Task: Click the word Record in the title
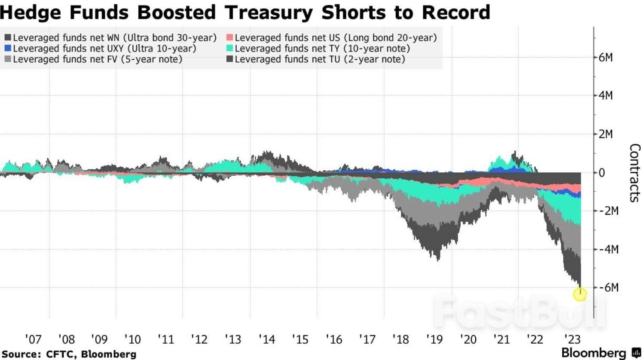[456, 12]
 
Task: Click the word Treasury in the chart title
[268, 13]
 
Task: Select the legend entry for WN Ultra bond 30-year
[110, 37]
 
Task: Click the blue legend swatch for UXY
[8, 48]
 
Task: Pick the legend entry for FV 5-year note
[93, 59]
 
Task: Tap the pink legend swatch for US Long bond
[229, 37]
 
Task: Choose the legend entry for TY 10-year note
[318, 48]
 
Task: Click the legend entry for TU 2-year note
[316, 59]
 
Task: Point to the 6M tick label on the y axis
[605, 57]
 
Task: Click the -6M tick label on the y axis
[608, 287]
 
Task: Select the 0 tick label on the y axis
[602, 173]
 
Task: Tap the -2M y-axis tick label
[608, 211]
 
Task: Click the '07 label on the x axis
[34, 339]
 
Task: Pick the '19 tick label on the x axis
[435, 339]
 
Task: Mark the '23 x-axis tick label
[572, 339]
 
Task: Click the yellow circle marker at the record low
[580, 294]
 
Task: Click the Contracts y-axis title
[635, 173]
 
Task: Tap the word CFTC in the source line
[61, 354]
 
